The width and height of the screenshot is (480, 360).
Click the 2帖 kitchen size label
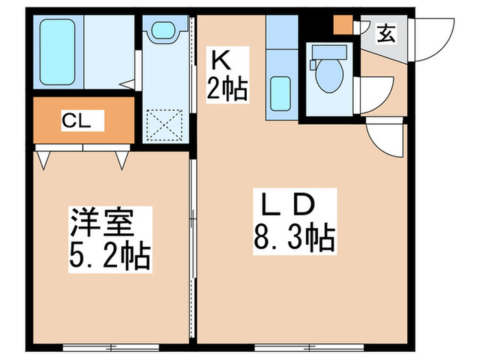(226, 90)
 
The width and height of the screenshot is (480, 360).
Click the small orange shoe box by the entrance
(342, 25)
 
